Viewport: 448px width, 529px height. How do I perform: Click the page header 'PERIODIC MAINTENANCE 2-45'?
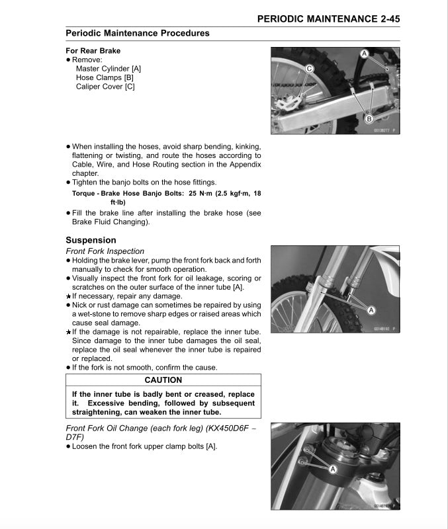coord(328,19)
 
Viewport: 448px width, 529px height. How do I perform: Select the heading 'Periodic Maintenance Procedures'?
coord(138,33)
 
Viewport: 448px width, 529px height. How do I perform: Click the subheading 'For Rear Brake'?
coord(93,51)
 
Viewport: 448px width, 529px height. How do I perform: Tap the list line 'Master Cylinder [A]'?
coord(109,69)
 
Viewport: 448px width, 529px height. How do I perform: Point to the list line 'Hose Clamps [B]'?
coord(105,77)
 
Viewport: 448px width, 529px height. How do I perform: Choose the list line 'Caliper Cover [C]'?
coord(105,87)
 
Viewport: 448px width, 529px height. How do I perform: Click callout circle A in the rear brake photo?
coord(365,53)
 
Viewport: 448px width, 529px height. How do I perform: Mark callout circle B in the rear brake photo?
coord(369,118)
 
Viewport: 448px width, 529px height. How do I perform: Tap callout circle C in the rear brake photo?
coord(308,68)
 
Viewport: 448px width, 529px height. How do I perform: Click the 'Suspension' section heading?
coord(91,240)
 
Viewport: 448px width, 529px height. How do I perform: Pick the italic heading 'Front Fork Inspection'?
coord(105,251)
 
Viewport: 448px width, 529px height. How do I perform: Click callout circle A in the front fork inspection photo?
coord(371,309)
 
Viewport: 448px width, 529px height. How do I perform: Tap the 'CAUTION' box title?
coord(163,380)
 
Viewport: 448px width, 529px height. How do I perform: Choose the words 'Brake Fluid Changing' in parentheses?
coord(110,222)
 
